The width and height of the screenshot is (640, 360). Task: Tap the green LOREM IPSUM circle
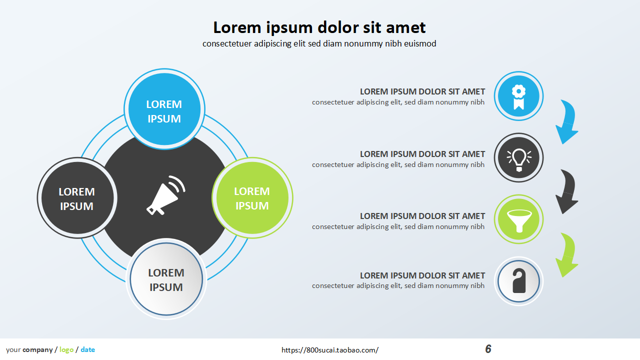252,198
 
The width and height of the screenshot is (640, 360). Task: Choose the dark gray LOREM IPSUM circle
77,198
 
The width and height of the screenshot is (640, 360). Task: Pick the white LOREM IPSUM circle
166,279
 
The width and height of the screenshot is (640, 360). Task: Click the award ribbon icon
518,96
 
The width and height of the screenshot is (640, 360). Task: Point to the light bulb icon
518,158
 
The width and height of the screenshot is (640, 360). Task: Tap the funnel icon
518,219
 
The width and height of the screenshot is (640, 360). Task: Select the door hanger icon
518,281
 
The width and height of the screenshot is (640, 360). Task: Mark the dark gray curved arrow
567,191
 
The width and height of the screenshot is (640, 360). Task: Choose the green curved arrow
567,254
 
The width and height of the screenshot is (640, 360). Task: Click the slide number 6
488,349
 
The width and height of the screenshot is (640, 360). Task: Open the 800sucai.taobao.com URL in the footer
330,350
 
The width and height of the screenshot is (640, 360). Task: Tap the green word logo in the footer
66,350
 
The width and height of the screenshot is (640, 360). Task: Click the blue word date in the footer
87,350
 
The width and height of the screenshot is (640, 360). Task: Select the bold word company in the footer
37,350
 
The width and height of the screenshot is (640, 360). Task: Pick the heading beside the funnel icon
422,216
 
